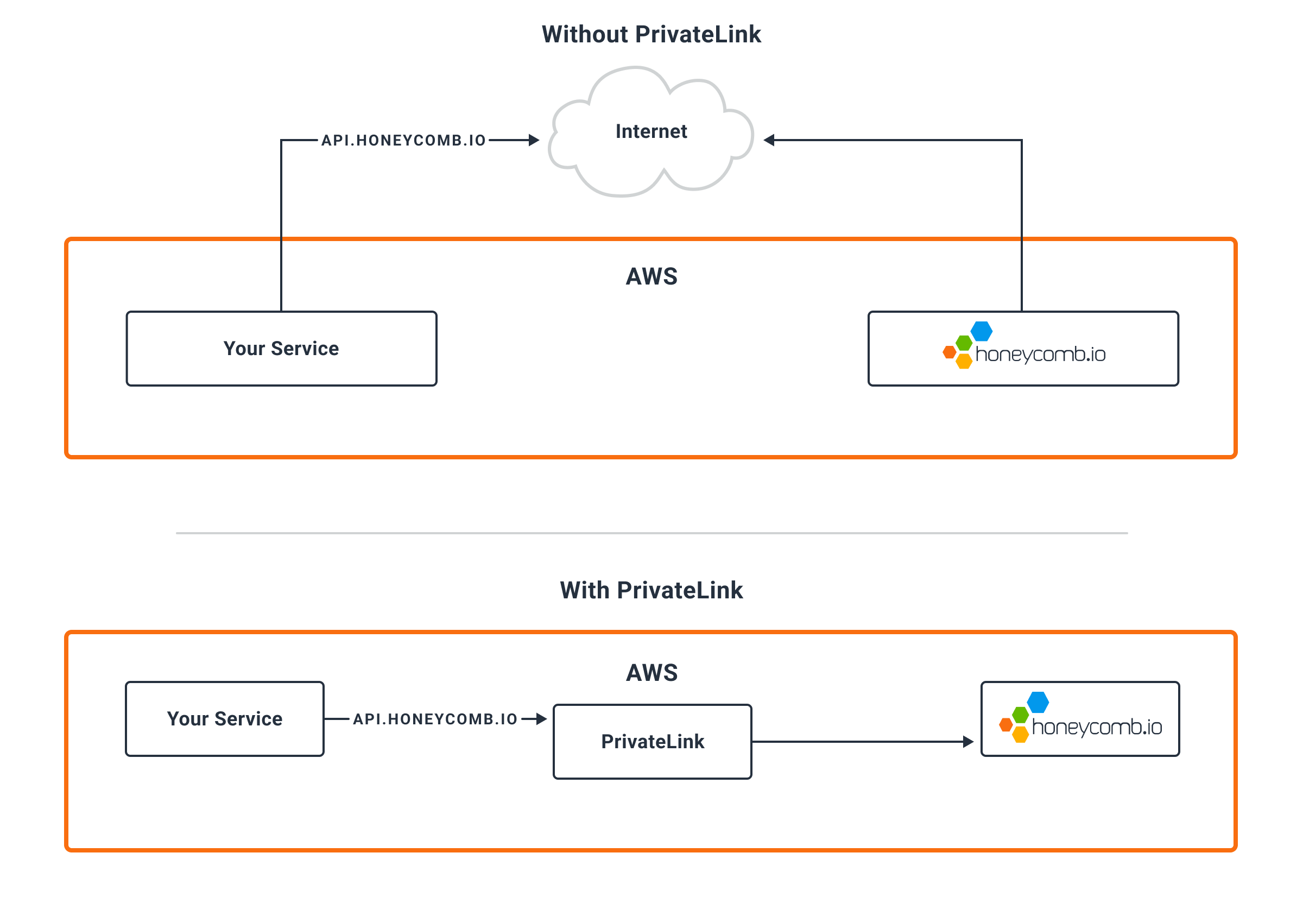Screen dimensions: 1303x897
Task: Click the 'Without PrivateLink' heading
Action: coord(651,34)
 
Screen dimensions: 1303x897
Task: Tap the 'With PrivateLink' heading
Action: coord(651,590)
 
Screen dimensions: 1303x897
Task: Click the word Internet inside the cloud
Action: coord(651,131)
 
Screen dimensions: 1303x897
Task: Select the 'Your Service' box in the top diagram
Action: coord(281,349)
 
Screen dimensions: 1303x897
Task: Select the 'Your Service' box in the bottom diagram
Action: coord(225,719)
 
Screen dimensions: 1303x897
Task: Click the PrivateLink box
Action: coord(653,741)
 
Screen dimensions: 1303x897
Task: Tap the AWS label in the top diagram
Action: coord(652,276)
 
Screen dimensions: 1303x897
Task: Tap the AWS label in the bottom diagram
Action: coord(652,673)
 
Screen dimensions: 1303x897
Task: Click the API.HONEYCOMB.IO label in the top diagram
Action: coord(403,141)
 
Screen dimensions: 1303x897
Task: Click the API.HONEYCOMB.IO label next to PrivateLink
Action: coord(435,719)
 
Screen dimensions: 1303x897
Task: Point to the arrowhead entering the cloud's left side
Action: coord(534,140)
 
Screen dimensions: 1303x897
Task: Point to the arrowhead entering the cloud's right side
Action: coord(769,140)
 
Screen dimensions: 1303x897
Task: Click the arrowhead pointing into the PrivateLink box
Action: coord(542,719)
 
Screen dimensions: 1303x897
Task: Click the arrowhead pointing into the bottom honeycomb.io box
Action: coord(968,741)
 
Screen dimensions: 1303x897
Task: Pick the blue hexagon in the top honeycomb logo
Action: coord(981,331)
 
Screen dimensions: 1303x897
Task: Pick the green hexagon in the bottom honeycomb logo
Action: coord(1020,716)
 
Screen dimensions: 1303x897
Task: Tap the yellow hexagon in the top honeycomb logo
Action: coord(964,361)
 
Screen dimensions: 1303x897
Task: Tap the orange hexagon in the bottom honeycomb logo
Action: coord(1007,725)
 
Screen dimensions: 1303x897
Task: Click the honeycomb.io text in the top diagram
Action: coord(1041,354)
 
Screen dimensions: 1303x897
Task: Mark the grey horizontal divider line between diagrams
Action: coord(652,533)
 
